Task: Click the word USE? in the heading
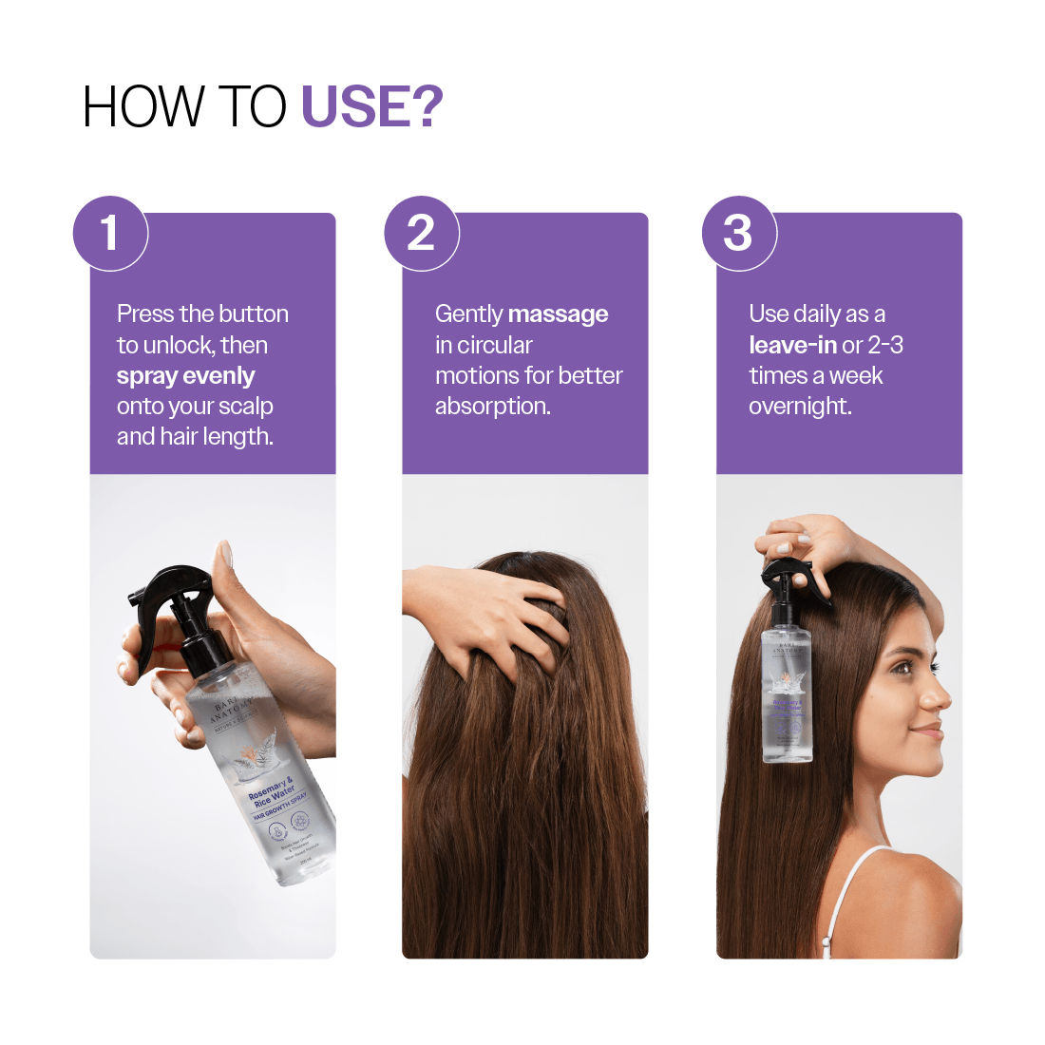[371, 106]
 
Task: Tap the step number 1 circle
[110, 234]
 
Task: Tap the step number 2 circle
[422, 234]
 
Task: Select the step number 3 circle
[738, 234]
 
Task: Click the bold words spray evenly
[185, 376]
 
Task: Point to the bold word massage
[558, 314]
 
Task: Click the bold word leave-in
[792, 345]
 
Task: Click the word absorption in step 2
[491, 407]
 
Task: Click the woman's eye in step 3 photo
[902, 668]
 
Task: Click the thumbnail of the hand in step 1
[225, 554]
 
